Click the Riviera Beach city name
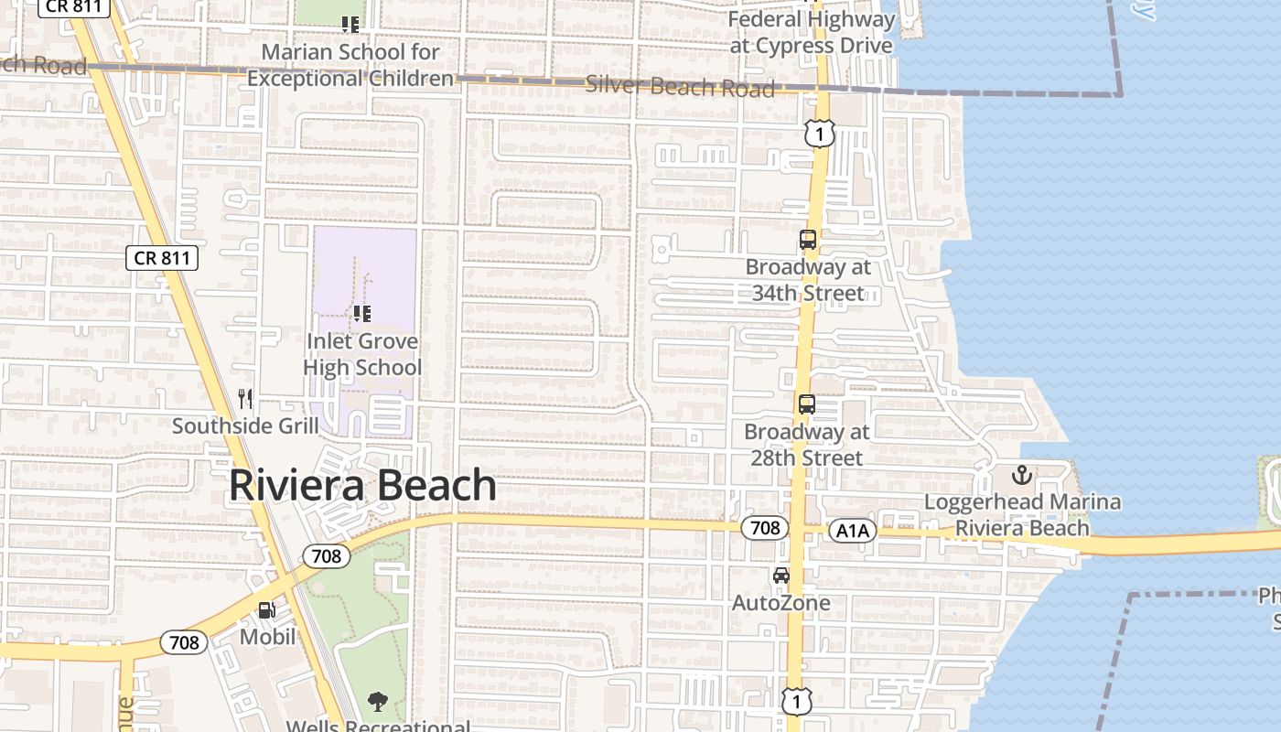(x=362, y=485)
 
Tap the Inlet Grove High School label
(x=362, y=354)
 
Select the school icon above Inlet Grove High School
(x=362, y=314)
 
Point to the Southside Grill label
(x=245, y=425)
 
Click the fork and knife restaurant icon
(x=245, y=399)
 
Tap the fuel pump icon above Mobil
(x=266, y=609)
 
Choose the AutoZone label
(x=780, y=603)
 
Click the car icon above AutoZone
(x=780, y=576)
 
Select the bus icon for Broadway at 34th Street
(x=807, y=240)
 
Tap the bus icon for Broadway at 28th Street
(x=806, y=404)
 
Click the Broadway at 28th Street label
(x=807, y=444)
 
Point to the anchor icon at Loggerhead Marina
(x=1021, y=475)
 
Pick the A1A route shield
(x=853, y=531)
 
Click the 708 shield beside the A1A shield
(x=764, y=528)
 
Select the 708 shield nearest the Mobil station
(x=184, y=643)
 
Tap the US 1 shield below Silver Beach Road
(x=820, y=135)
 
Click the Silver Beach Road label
(x=680, y=86)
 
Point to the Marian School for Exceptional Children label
(x=350, y=65)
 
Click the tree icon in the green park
(x=377, y=702)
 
